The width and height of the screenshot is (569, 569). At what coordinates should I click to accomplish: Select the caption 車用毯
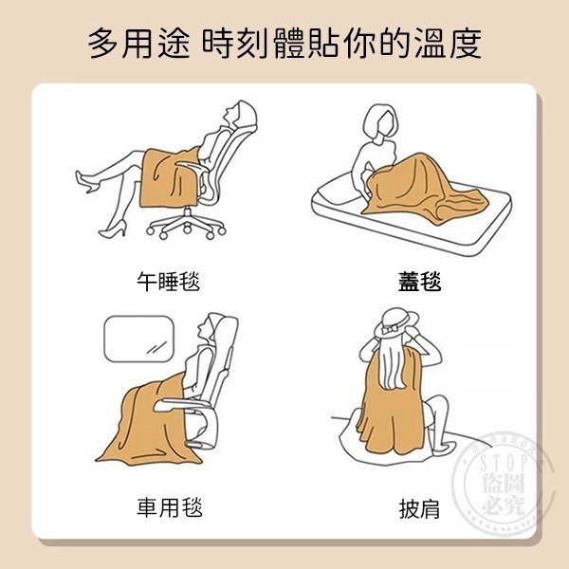[x=168, y=505]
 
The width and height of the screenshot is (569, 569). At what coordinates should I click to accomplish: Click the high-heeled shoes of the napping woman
[x=95, y=185]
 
